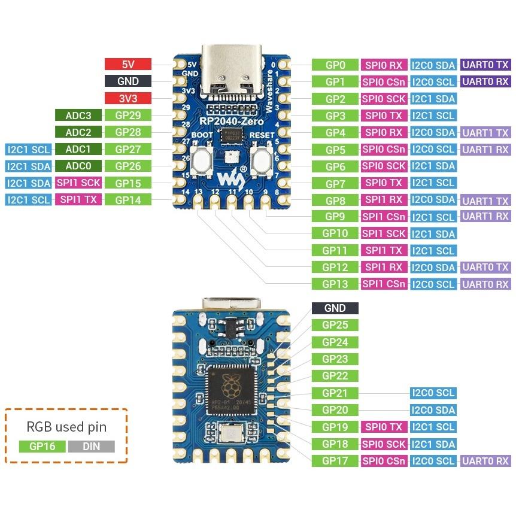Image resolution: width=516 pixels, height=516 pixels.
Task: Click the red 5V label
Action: (x=128, y=64)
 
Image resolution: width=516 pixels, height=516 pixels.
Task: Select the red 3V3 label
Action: (x=128, y=98)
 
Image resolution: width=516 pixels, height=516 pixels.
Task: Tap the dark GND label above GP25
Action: (x=335, y=308)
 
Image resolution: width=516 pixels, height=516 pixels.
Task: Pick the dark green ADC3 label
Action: (x=78, y=116)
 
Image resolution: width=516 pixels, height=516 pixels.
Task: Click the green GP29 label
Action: (x=128, y=116)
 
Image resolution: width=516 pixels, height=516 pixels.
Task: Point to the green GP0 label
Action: (x=335, y=65)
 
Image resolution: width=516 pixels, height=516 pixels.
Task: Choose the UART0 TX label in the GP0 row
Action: (x=485, y=65)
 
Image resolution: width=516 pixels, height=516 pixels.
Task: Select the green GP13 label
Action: (x=335, y=284)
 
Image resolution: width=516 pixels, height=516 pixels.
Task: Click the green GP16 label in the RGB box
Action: (x=41, y=446)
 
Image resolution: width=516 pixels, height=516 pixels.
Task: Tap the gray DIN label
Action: (x=91, y=446)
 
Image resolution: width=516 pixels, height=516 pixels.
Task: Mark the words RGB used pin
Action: (x=66, y=427)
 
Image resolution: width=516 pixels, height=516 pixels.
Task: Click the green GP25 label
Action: (x=335, y=325)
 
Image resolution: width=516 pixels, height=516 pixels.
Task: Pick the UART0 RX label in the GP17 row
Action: (x=485, y=461)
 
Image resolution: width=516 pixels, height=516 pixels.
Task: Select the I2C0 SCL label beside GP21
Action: (x=433, y=393)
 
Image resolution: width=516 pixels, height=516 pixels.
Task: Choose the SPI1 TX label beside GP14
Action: (x=78, y=200)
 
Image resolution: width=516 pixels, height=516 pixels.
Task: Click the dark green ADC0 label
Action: (x=78, y=166)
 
